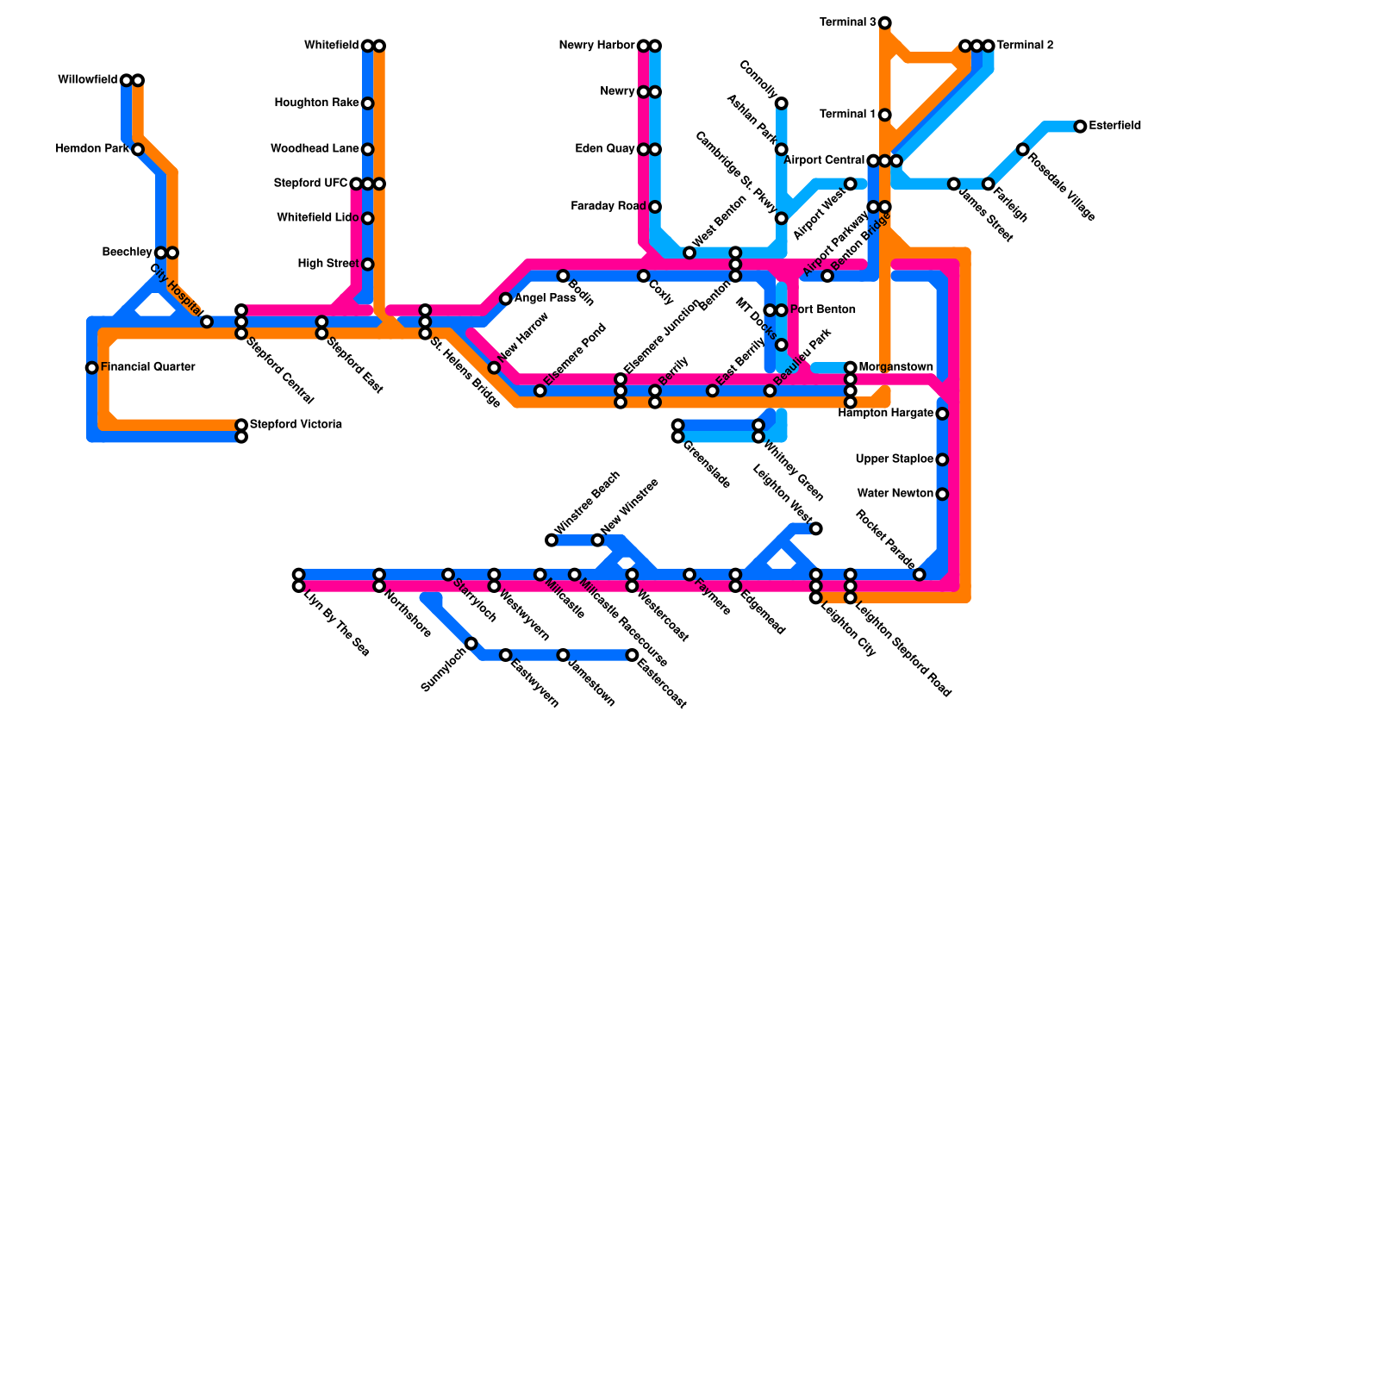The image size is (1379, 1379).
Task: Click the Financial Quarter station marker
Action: [91, 368]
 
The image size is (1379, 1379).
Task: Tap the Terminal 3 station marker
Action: [884, 22]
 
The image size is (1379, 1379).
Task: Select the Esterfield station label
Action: [1114, 126]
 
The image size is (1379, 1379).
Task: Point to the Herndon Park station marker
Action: [138, 149]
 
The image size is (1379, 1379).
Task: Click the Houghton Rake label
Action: [316, 103]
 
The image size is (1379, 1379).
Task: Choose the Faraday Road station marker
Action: [655, 207]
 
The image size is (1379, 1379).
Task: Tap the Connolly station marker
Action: [781, 103]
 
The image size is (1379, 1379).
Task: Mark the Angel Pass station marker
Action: [506, 299]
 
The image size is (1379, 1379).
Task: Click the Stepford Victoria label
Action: [296, 425]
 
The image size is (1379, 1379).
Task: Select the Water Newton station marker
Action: [942, 494]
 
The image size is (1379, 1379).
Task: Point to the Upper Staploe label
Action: [894, 459]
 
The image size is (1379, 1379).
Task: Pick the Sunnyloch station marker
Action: [471, 644]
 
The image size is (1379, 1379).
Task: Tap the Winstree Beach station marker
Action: [552, 540]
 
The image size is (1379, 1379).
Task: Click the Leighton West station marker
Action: [815, 528]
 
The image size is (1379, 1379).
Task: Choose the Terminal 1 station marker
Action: [884, 115]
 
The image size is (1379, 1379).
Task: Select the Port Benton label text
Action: [822, 310]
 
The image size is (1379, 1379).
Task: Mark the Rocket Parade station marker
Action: [919, 575]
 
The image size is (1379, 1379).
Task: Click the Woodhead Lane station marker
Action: [367, 149]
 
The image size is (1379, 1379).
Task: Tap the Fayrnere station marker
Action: [689, 575]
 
